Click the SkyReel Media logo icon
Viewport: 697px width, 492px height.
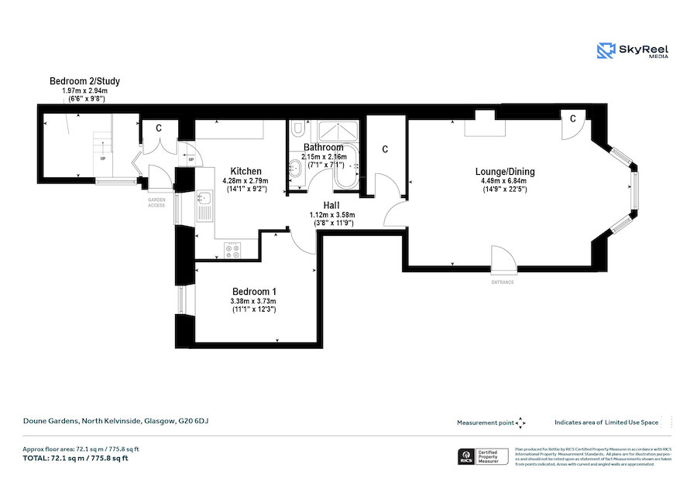606,51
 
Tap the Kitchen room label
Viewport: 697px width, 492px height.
245,171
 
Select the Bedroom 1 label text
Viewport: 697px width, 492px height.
253,292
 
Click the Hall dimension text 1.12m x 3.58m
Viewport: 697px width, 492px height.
331,214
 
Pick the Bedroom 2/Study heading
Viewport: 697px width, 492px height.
84,81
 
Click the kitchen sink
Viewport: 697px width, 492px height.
204,206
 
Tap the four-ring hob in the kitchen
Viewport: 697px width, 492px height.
232,250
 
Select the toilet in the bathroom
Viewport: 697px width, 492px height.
300,129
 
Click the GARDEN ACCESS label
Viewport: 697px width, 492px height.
157,203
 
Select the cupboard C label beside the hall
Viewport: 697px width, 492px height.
385,149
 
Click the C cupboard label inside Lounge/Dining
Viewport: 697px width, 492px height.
572,118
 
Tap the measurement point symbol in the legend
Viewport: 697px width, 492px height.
520,422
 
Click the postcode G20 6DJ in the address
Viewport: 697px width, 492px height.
194,421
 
